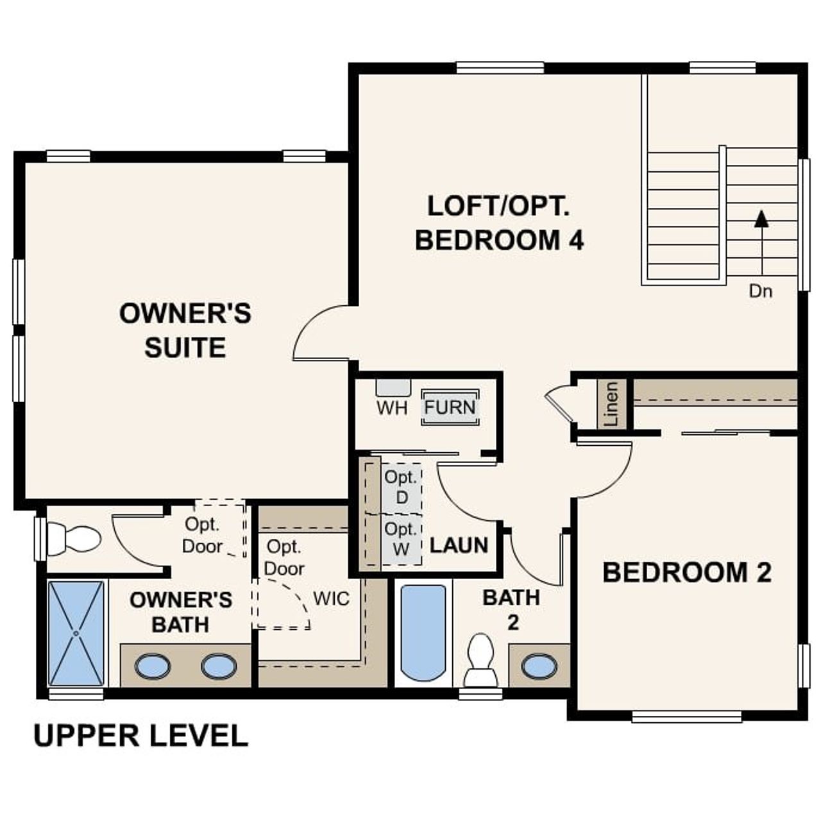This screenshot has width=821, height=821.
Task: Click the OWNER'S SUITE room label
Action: click(185, 330)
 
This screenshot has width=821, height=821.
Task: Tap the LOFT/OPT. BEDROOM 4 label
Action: click(499, 223)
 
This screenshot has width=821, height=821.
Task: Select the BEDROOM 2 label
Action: click(686, 572)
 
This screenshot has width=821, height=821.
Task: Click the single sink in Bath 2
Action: click(539, 666)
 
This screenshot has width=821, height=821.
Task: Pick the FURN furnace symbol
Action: click(450, 407)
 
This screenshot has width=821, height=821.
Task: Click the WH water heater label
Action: click(392, 408)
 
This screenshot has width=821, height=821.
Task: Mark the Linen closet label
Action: click(612, 404)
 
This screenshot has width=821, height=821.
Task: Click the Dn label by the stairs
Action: click(761, 291)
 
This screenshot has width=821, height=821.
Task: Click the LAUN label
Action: click(459, 545)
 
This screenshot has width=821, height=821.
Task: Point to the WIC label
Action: click(331, 598)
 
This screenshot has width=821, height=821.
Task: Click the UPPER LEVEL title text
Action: click(140, 735)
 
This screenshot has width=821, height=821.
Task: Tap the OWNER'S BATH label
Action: click(180, 612)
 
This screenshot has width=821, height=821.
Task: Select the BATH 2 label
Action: click(511, 609)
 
